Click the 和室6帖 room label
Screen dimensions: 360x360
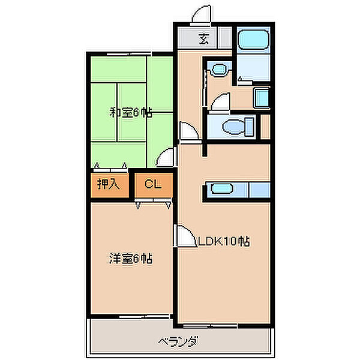130,112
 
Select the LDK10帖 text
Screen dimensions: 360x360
224,242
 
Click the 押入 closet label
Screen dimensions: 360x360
108,185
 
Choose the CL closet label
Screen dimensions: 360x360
153,185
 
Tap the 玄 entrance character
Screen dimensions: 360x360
204,41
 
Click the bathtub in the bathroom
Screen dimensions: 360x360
252,40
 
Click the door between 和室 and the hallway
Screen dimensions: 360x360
165,158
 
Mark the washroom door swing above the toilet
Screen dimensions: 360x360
220,103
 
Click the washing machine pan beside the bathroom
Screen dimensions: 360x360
262,98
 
